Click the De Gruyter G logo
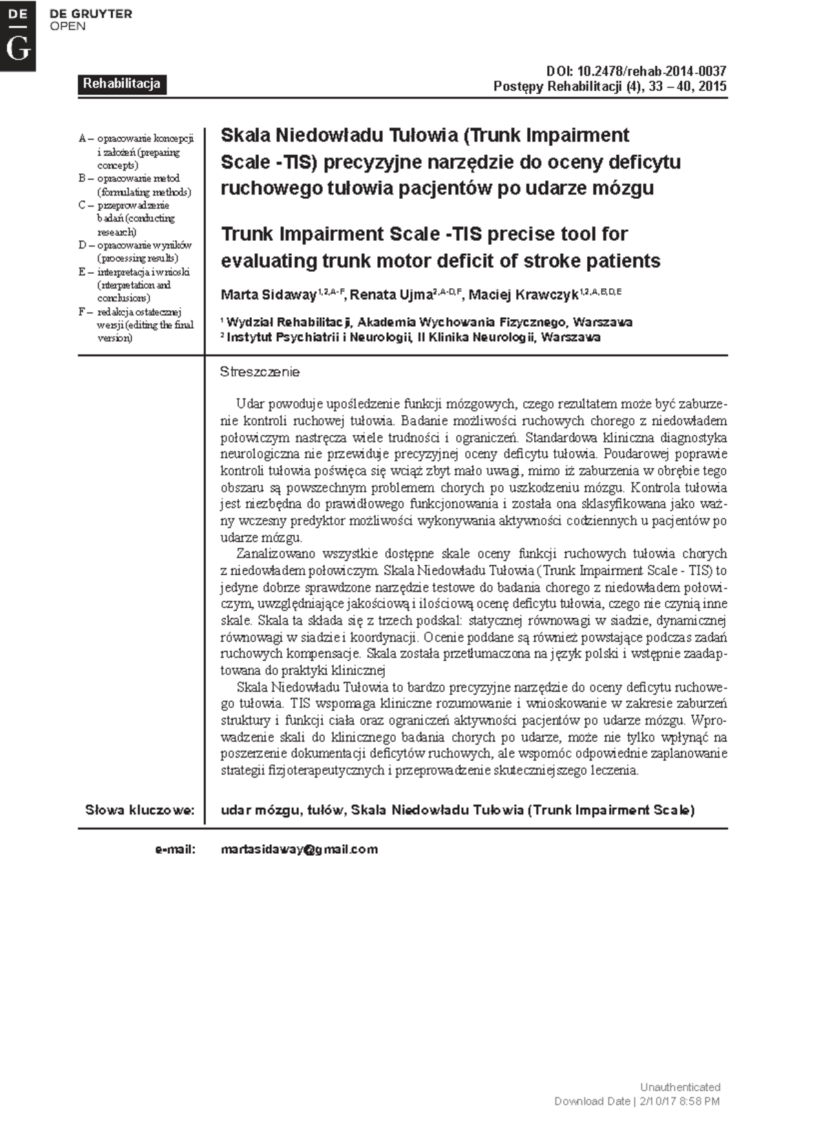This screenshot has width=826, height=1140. coord(17,35)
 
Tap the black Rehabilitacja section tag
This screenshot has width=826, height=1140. coord(121,84)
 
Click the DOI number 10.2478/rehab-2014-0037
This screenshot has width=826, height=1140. coord(651,72)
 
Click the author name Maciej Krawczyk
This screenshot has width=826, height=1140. coord(523,295)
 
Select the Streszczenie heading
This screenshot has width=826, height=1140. coord(260,372)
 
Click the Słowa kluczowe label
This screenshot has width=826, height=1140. coord(140,810)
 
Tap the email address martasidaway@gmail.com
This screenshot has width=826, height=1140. coord(299,849)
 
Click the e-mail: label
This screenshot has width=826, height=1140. coord(176,849)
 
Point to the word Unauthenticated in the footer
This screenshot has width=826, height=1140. coord(679,1087)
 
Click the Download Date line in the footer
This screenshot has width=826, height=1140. coord(637,1101)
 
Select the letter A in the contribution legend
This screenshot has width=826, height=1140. coord(83,138)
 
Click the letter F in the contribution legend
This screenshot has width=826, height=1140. coord(83,312)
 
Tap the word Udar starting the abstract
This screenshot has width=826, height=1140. coord(250,404)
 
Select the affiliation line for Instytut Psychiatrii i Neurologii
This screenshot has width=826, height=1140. coord(413,337)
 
